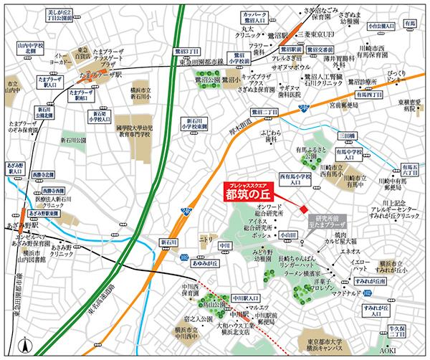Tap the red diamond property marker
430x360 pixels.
tap(304, 209)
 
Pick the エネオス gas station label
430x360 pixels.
tap(350, 251)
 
